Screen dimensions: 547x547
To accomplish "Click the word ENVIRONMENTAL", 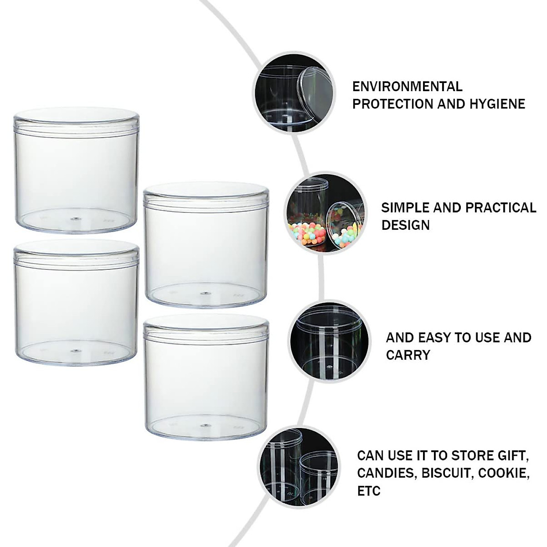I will pos(407,86).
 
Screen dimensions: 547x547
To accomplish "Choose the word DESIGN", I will pos(405,225).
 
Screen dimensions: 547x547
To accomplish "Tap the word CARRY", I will pos(408,355).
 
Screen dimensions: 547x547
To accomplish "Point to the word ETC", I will pos(368,490).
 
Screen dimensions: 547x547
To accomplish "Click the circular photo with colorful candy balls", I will pos(326,213).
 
